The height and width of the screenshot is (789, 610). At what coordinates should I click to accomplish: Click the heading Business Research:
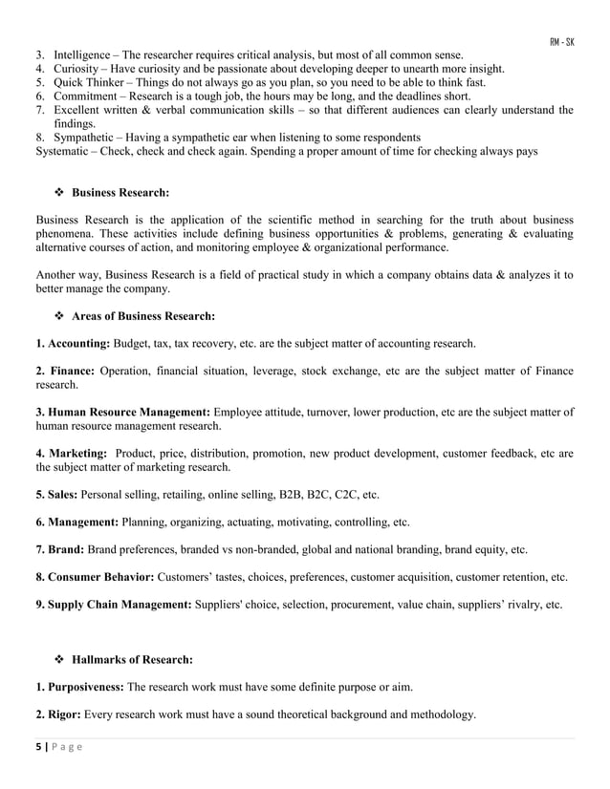pos(120,192)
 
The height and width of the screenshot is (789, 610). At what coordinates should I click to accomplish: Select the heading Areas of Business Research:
pos(143,315)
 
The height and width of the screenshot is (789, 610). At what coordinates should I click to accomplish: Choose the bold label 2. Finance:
pos(65,370)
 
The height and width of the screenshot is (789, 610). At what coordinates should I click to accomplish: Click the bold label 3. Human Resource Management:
pos(123,412)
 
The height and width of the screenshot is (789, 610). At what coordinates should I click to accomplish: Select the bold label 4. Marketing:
pos(71,453)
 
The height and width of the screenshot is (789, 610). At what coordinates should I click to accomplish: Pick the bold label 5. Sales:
pos(56,495)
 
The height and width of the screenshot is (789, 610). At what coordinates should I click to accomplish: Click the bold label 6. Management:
pos(76,522)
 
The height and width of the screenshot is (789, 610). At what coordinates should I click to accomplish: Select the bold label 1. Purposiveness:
pos(79,687)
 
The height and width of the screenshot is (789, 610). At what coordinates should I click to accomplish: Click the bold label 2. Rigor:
pos(58,714)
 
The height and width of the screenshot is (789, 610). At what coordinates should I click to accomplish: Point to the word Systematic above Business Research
pos(66,151)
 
